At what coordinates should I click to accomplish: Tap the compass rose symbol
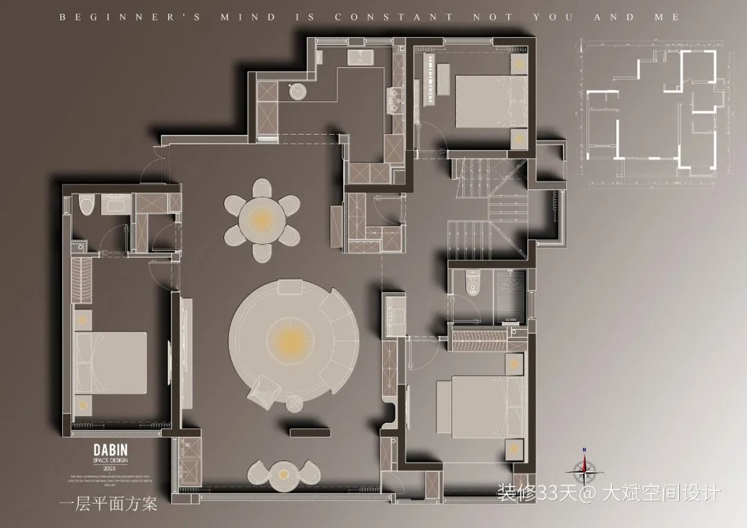coord(584,470)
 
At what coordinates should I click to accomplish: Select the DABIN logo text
coord(111,450)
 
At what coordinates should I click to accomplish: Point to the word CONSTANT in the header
coord(394,17)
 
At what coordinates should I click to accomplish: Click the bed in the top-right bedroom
coord(490,101)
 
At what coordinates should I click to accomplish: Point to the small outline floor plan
coord(654,111)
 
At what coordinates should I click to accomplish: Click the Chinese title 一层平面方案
coord(109,502)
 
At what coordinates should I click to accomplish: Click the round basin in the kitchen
coord(297,90)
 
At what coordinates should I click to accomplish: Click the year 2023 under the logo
coord(111,468)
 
